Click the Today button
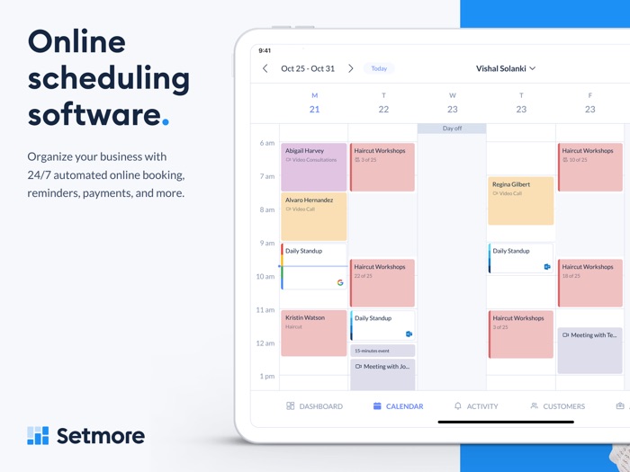click(379, 68)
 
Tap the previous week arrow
click(265, 68)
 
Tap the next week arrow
click(351, 68)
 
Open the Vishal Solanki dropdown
click(506, 68)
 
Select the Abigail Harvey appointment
click(313, 166)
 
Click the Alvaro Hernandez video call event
click(313, 216)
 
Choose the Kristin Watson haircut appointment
click(313, 333)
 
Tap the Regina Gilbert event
click(520, 200)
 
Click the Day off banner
click(452, 129)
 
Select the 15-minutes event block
click(382, 351)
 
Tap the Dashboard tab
click(314, 406)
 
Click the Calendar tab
click(398, 406)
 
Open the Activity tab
click(476, 406)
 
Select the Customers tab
click(557, 406)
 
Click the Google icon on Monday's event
click(340, 282)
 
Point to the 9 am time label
click(267, 243)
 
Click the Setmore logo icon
click(38, 436)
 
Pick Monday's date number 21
click(314, 110)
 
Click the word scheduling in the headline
click(108, 79)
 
